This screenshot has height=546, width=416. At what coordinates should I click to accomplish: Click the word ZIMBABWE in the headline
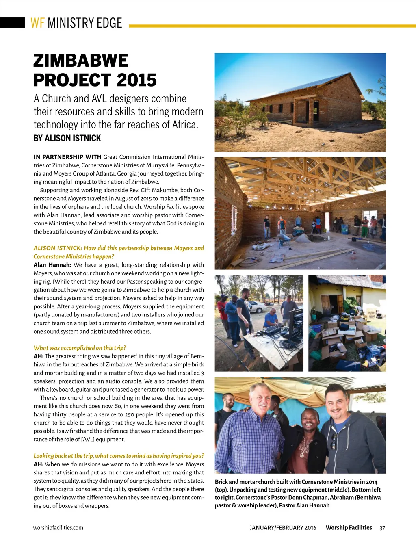point(80,61)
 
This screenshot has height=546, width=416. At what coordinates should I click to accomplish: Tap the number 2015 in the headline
point(136,80)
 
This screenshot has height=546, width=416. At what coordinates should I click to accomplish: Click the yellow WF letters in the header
point(37,23)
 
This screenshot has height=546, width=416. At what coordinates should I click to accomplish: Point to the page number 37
point(382,528)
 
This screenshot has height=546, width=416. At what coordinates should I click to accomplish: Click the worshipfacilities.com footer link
point(58,528)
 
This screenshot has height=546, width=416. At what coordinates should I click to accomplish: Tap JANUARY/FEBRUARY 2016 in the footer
point(283,528)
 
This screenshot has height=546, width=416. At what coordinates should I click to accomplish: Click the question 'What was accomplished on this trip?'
point(80,348)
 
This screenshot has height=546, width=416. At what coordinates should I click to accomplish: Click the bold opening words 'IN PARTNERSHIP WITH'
point(67,157)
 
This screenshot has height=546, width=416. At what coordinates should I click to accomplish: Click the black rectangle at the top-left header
point(12,22)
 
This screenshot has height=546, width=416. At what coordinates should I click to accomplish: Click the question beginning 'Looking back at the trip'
point(119,456)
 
